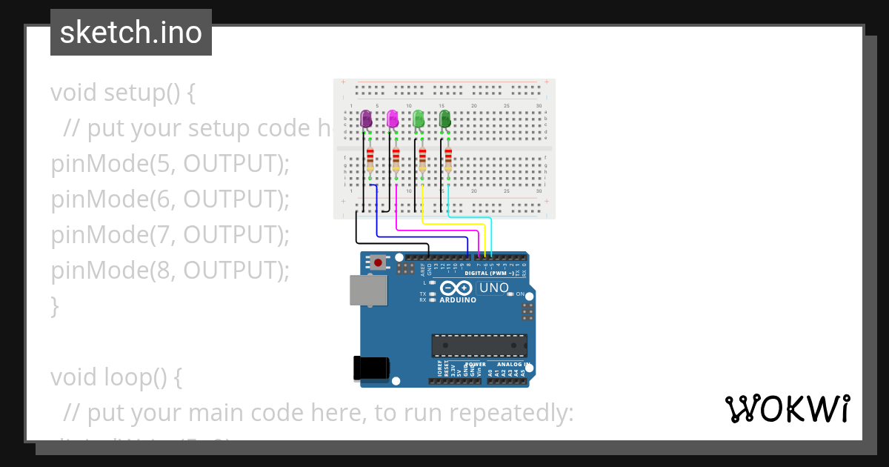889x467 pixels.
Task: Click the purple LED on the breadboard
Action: [366, 119]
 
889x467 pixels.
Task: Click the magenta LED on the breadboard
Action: [393, 119]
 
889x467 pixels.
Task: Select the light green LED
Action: [419, 119]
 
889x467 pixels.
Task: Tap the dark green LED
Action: [445, 119]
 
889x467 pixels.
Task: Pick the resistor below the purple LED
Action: [370, 161]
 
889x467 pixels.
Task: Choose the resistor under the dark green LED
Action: [448, 161]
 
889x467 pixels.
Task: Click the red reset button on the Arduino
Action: [379, 262]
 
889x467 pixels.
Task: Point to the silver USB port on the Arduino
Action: [367, 291]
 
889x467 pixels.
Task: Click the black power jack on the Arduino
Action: [371, 368]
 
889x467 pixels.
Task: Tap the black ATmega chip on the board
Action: [480, 345]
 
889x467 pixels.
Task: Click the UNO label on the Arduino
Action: [494, 288]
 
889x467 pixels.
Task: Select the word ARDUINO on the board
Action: [458, 300]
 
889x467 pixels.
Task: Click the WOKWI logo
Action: [787, 409]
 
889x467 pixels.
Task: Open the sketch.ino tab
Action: [131, 33]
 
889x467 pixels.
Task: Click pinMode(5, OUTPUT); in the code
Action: [170, 164]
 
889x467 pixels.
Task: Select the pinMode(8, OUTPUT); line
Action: [170, 271]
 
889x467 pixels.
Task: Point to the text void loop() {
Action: [116, 377]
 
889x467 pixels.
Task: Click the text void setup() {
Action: [123, 93]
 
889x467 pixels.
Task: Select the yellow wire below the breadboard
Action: [452, 223]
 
